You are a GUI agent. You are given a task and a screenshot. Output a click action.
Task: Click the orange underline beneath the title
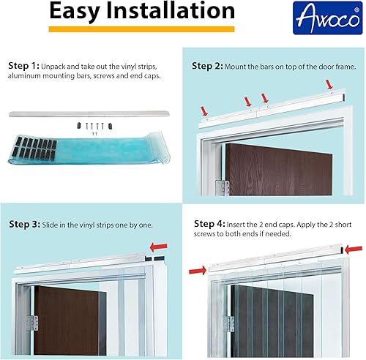click(141, 29)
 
